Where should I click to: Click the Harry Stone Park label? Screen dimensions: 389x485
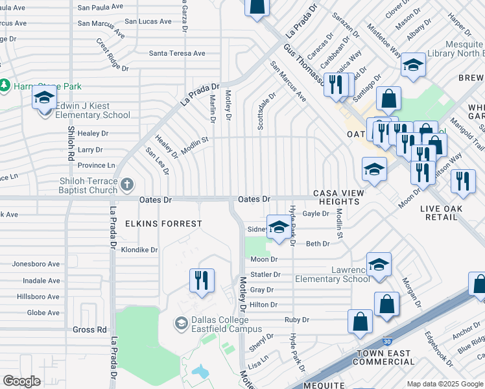point(41,86)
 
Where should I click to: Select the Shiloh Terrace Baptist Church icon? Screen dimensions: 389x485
point(128,185)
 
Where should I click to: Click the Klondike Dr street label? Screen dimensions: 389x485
point(139,250)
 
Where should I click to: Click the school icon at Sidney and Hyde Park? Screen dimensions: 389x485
point(279,227)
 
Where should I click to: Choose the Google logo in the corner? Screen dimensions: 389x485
point(21,381)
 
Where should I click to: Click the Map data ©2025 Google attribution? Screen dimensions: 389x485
point(445,384)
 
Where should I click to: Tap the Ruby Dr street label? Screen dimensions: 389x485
point(297,320)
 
